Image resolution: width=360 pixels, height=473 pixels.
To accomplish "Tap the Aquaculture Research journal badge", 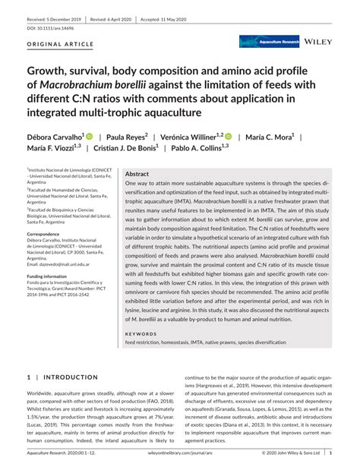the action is pyautogui.click(x=270, y=42).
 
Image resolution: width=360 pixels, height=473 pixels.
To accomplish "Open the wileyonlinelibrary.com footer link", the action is pyautogui.click(x=180, y=452).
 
